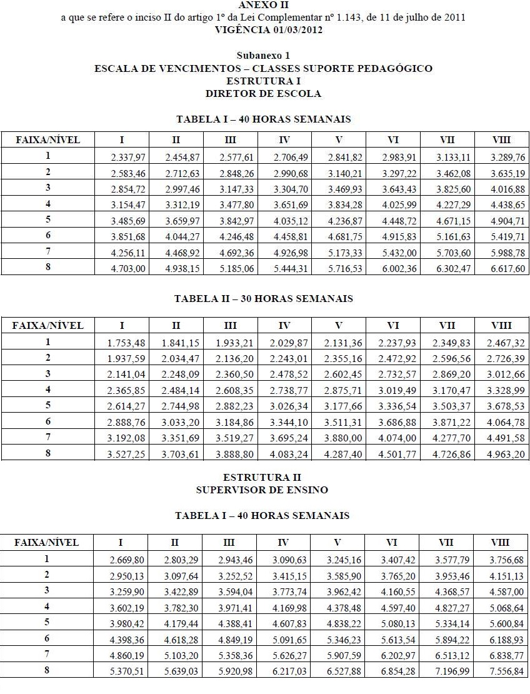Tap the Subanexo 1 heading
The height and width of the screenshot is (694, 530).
263,56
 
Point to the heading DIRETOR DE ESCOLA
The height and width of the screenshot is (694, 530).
263,94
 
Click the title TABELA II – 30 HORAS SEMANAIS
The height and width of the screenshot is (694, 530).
263,299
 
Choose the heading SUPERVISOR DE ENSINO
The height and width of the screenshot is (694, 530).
262,490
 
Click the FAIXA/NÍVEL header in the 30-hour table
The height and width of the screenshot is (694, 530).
47,325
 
